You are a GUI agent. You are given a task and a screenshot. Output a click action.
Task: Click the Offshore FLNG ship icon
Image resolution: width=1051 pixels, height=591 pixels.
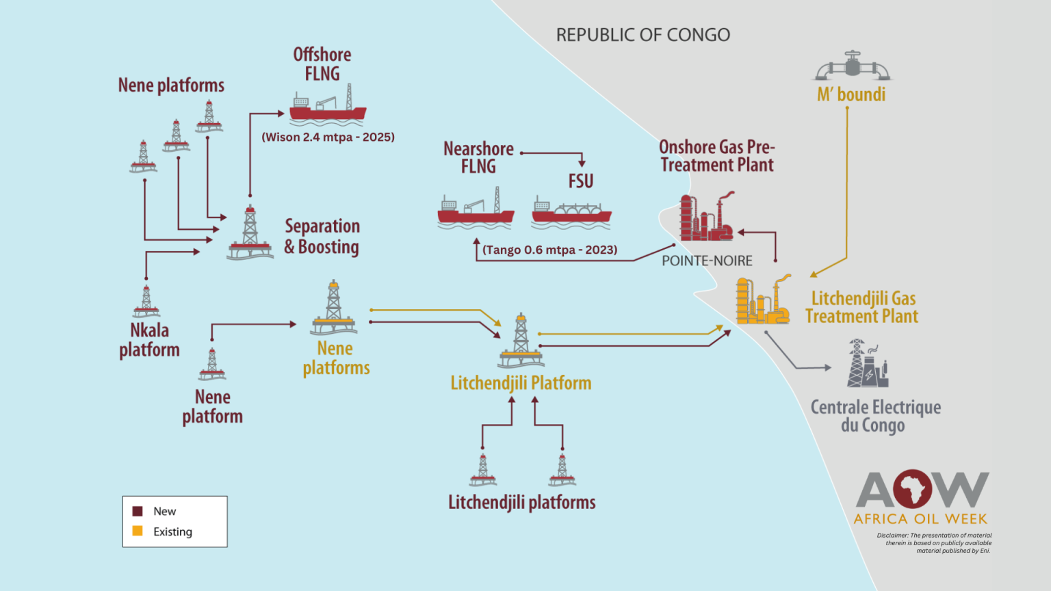(327, 107)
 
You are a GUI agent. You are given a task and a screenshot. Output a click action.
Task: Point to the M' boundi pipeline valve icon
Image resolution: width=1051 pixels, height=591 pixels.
(853, 67)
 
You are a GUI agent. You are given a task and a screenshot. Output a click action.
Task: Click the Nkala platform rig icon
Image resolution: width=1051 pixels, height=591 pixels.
(146, 302)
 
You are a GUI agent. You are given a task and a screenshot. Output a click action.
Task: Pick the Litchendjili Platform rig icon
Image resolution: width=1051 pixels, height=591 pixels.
(521, 341)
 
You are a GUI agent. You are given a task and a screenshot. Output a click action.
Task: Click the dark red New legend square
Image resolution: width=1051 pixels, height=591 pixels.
(138, 511)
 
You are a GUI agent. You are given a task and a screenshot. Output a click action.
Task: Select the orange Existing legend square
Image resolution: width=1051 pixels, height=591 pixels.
(138, 531)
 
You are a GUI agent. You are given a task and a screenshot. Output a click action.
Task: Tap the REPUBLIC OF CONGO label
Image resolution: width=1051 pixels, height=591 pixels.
(643, 35)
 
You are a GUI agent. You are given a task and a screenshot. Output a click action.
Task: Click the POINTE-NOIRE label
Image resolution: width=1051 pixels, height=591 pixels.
(707, 261)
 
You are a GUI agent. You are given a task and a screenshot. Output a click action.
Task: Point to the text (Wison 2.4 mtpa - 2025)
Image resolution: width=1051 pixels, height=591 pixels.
(328, 137)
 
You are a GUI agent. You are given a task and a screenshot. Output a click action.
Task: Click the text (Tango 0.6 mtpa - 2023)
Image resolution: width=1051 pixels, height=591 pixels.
(549, 250)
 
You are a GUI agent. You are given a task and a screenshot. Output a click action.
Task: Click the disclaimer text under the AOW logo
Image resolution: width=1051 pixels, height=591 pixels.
(934, 543)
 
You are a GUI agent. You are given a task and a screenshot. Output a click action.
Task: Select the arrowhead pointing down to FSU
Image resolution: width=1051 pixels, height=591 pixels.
(582, 163)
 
